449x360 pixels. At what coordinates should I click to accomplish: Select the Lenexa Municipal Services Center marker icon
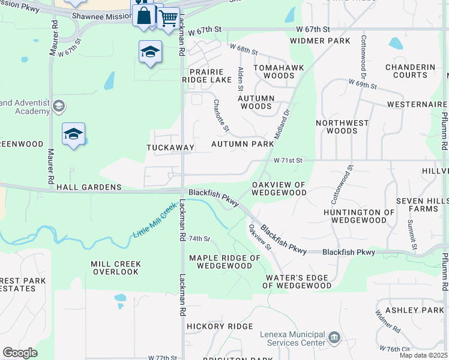click(334, 339)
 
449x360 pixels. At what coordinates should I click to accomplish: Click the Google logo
click(20, 353)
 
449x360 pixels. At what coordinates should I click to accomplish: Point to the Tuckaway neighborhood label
click(170, 147)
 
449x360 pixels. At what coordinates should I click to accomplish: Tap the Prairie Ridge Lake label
click(207, 75)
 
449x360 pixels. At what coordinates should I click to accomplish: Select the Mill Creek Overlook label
click(116, 268)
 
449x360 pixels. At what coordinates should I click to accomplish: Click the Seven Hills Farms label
click(421, 204)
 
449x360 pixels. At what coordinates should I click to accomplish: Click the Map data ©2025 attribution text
click(423, 355)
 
